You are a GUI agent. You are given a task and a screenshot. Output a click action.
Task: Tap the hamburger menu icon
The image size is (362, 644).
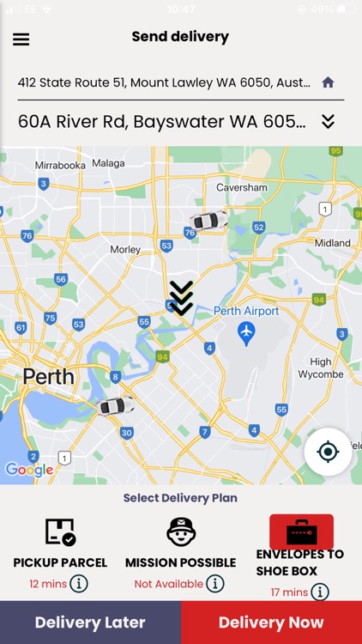tap(21, 39)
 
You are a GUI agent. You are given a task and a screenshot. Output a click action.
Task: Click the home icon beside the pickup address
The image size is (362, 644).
tap(328, 82)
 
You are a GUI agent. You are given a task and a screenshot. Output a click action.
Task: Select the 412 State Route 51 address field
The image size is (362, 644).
tap(164, 82)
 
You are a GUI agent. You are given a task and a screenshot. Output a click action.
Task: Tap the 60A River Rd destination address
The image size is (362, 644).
tap(162, 121)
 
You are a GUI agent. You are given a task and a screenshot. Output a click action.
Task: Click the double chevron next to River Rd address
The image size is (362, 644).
tap(328, 121)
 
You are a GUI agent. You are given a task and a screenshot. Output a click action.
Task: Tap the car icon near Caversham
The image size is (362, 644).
tap(208, 221)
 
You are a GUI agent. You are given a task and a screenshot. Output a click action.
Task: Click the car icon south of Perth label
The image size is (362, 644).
tap(116, 405)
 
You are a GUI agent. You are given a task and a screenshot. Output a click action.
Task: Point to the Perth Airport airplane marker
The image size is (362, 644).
tap(247, 331)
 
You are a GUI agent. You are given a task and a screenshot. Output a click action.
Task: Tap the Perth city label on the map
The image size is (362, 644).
tap(48, 376)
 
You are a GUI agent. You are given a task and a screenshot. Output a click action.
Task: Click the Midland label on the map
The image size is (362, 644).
tap(333, 243)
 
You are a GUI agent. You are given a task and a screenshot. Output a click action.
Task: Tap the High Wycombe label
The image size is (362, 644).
tap(321, 368)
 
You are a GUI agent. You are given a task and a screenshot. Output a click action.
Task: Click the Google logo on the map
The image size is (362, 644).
tap(29, 469)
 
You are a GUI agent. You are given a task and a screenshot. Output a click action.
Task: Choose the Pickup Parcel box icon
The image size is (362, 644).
tap(60, 532)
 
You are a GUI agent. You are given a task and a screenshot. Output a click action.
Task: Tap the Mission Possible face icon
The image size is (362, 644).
tap(180, 532)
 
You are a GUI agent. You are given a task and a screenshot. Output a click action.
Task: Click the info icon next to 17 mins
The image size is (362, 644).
tap(320, 592)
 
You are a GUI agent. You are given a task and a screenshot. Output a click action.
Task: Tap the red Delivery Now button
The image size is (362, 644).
tap(271, 623)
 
